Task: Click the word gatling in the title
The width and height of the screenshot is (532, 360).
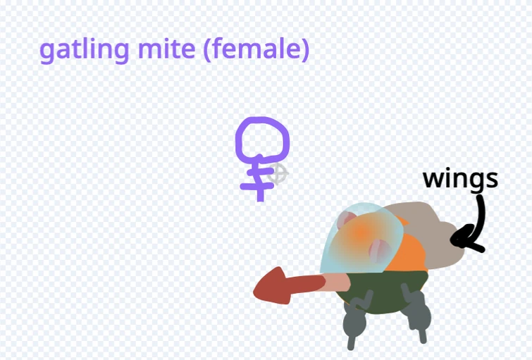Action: click(x=74, y=50)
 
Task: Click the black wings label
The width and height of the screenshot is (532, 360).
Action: click(x=460, y=179)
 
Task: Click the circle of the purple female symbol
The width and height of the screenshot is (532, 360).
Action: click(x=261, y=139)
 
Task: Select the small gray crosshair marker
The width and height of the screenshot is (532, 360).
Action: click(x=279, y=173)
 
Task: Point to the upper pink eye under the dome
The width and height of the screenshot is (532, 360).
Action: click(x=347, y=221)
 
